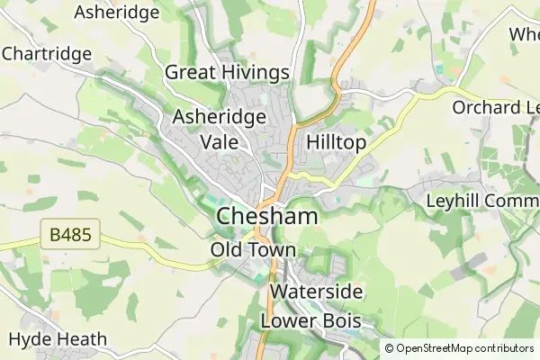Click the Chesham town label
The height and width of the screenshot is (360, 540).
[267, 217]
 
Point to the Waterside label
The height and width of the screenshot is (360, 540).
[316, 292]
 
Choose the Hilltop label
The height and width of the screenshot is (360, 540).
[336, 142]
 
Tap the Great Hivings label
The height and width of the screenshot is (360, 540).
[227, 73]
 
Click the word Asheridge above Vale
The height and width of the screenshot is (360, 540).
[220, 117]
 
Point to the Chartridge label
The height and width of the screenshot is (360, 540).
[47, 54]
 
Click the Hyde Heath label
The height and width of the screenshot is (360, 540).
[58, 339]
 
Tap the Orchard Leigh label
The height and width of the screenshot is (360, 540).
[495, 108]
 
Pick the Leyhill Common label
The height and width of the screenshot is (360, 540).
[482, 199]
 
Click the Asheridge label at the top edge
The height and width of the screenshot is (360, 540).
[117, 13]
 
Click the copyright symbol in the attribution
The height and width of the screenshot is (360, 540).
[390, 348]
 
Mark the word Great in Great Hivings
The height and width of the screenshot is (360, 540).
[190, 73]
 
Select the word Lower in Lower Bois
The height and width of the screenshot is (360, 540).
[286, 320]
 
